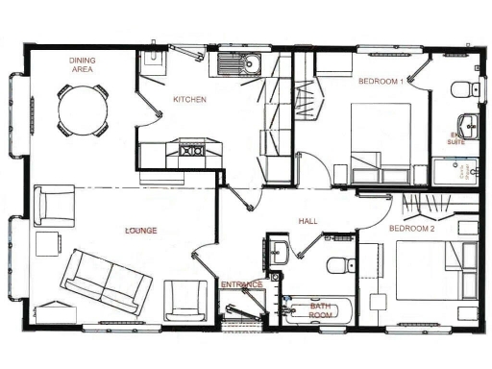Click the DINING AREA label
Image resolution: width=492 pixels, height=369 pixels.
point(82,64)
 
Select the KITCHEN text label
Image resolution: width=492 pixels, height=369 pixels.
point(189,99)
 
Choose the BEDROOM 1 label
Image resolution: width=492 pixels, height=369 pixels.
point(380,82)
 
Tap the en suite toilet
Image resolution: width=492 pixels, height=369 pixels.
point(461,89)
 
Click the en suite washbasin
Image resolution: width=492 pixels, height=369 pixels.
point(468,124)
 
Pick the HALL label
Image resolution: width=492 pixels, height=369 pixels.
point(307,221)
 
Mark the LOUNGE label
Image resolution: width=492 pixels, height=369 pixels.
point(140,231)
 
